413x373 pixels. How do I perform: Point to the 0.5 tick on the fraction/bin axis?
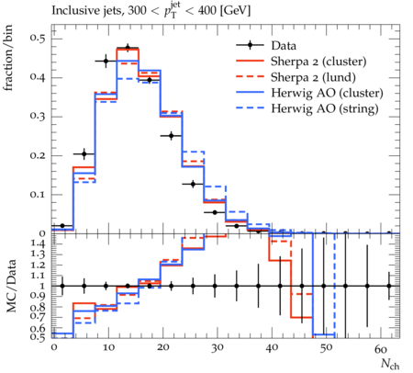tap(38, 39)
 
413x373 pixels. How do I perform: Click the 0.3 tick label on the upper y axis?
tap(38, 117)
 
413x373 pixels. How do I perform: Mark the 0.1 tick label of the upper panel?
tap(38, 195)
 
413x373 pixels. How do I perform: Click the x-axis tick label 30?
tap(217, 348)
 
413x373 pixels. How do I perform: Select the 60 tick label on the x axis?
tap(381, 349)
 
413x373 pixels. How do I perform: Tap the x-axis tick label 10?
tap(108, 348)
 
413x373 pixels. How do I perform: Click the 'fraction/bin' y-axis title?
tap(8, 58)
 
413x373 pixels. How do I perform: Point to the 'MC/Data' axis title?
tap(11, 286)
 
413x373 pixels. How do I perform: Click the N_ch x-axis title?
tap(390, 364)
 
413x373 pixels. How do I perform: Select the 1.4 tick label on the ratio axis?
tap(38, 243)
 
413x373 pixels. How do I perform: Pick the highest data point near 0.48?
tap(128, 48)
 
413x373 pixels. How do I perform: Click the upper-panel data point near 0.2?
tap(84, 154)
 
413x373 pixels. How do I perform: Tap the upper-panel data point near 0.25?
tap(172, 135)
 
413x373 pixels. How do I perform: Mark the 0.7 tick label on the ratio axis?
tap(38, 317)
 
